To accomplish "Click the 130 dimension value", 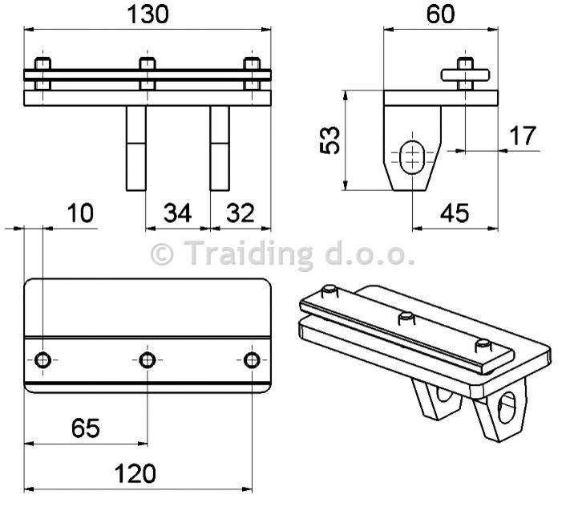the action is pyautogui.click(x=148, y=14).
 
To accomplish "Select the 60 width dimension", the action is pyautogui.click(x=440, y=14).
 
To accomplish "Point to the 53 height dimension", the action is pyautogui.click(x=329, y=140).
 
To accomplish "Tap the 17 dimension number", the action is pyautogui.click(x=523, y=136).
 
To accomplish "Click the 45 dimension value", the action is pyautogui.click(x=455, y=213).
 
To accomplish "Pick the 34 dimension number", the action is pyautogui.click(x=177, y=213).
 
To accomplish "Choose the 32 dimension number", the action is pyautogui.click(x=241, y=213).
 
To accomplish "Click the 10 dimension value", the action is pyautogui.click(x=80, y=213).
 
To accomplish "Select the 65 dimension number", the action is pyautogui.click(x=85, y=428).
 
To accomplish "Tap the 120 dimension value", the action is pyautogui.click(x=135, y=473).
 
